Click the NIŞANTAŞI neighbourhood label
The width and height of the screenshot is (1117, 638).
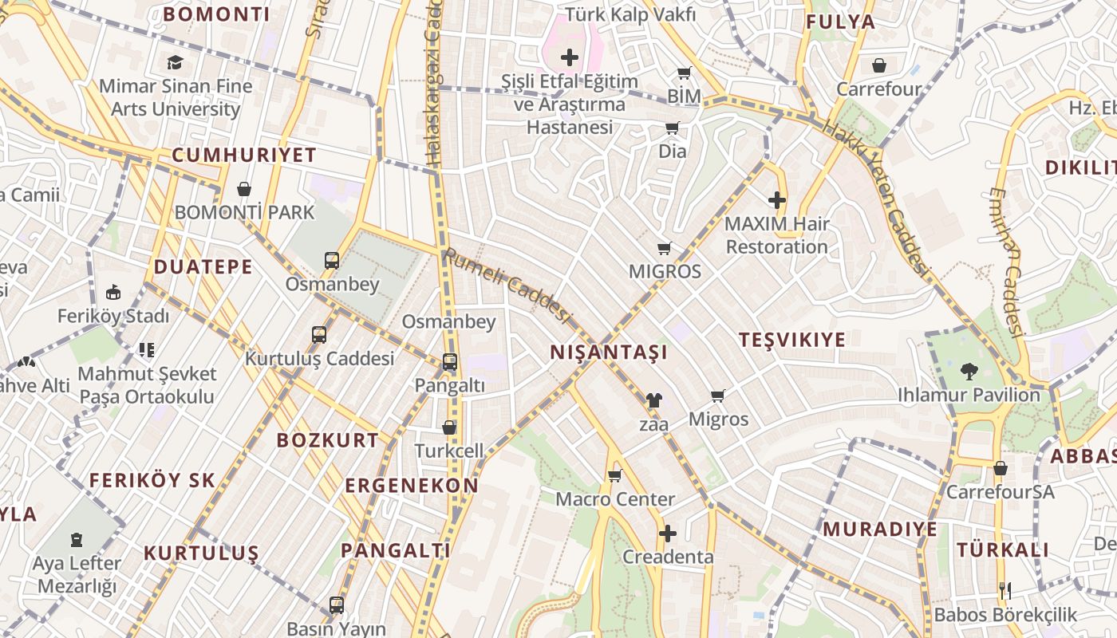(609, 352)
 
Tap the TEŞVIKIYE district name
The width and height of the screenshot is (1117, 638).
(791, 340)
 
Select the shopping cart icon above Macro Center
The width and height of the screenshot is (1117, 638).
(614, 476)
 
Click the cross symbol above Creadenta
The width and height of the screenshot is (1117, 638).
(668, 533)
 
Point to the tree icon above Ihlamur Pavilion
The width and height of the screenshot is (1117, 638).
(969, 371)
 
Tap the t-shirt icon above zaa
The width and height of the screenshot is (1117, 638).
(653, 400)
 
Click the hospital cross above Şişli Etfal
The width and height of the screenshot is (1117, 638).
(570, 57)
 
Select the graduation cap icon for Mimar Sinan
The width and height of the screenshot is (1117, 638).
(175, 62)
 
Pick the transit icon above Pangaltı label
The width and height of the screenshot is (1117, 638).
(450, 362)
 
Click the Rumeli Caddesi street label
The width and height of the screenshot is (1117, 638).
(508, 286)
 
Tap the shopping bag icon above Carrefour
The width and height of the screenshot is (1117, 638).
(879, 65)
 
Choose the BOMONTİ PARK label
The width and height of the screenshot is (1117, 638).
(245, 213)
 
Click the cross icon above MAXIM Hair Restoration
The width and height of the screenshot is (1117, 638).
(777, 200)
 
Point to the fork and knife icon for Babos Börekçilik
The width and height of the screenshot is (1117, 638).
(1005, 591)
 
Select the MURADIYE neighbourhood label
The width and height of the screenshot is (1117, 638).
(880, 530)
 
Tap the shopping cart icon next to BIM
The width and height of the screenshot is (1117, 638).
(684, 74)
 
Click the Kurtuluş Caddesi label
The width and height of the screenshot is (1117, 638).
(319, 359)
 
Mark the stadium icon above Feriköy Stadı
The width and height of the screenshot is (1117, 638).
(113, 293)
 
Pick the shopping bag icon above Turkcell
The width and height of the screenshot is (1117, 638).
(449, 428)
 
